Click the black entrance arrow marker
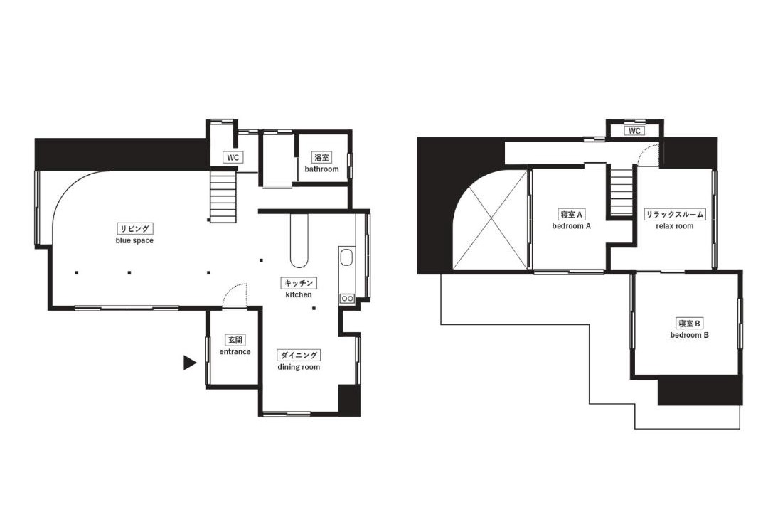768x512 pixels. (189, 363)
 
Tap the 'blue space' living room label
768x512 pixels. (134, 240)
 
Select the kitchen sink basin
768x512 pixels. (346, 257)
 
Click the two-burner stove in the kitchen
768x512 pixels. (347, 298)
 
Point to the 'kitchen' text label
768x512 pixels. (298, 294)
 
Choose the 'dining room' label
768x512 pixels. (299, 367)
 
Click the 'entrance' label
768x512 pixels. (235, 352)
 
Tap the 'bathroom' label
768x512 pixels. (322, 169)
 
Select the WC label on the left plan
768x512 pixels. (233, 158)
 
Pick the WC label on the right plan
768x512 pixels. (634, 131)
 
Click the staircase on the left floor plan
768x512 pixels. (223, 195)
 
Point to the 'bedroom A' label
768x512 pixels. (572, 226)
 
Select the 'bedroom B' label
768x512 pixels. (690, 335)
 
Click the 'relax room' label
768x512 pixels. (674, 226)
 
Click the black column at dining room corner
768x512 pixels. (349, 400)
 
